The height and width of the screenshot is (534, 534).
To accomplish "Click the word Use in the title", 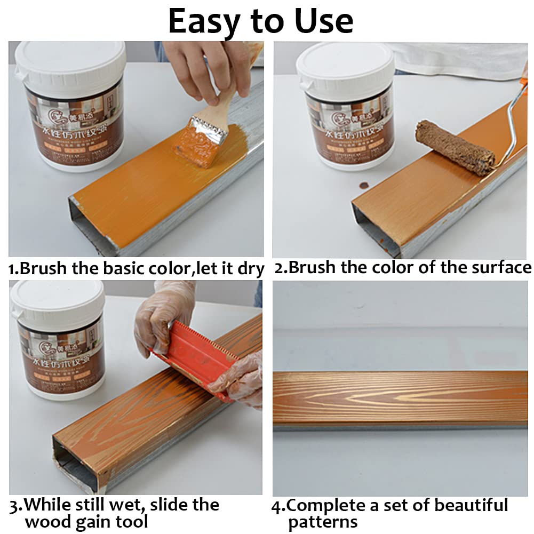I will pos(322,21).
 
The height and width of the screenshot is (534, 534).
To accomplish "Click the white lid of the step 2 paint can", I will pos(346,61).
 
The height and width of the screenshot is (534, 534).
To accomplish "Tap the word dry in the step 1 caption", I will pos(251,269).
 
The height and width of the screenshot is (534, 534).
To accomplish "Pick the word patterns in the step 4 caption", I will pos(323,522).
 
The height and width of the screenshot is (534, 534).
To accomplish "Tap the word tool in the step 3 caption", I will pos(132,522).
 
